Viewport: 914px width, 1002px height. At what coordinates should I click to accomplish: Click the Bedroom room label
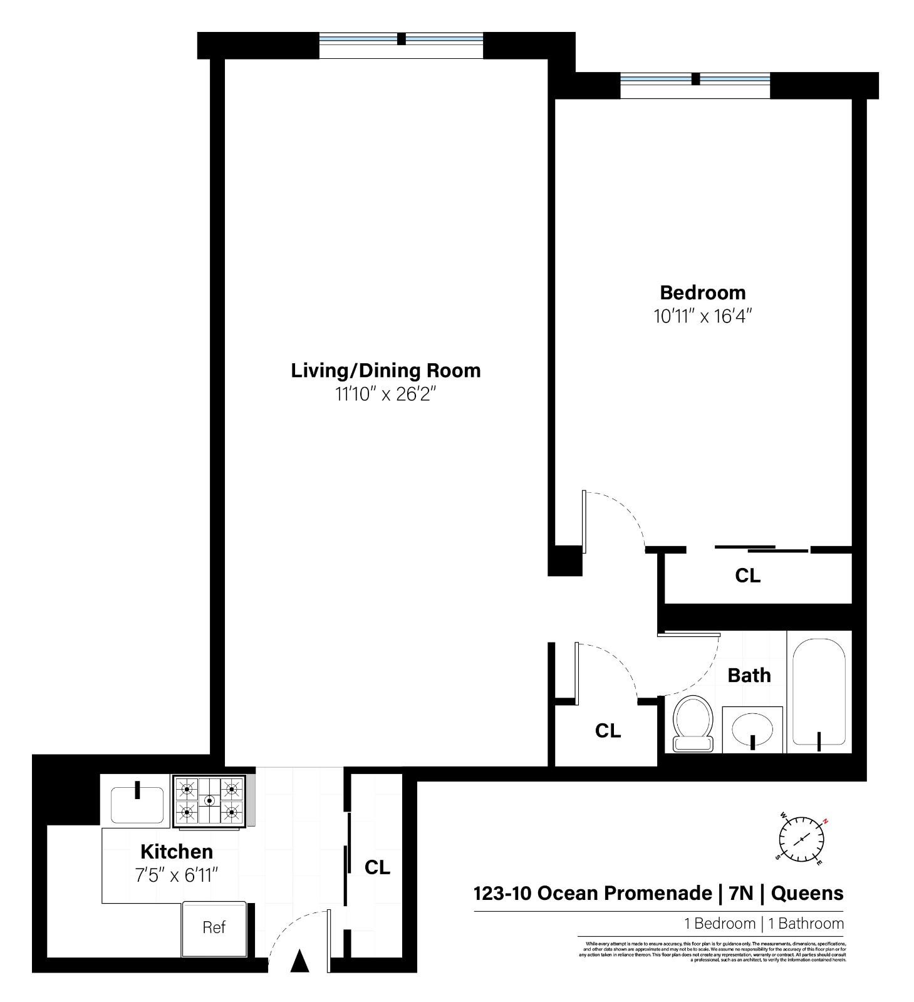[702, 292]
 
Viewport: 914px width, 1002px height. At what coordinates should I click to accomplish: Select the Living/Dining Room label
[385, 370]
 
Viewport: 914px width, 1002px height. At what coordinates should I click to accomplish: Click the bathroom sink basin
[752, 729]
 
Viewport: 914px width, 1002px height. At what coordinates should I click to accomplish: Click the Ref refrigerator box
[214, 927]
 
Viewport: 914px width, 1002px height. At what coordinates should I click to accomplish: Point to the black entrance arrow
[300, 961]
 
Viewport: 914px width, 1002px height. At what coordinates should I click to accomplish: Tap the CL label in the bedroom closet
[747, 576]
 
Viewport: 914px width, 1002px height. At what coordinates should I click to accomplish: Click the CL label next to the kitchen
[377, 867]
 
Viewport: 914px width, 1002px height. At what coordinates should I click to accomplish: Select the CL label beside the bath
[608, 730]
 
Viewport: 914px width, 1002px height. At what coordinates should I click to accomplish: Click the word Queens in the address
[807, 892]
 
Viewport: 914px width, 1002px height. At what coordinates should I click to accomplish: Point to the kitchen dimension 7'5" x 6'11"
[176, 875]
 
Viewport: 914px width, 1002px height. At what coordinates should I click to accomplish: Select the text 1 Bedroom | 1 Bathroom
[764, 923]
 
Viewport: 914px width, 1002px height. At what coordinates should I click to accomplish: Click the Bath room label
[749, 675]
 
